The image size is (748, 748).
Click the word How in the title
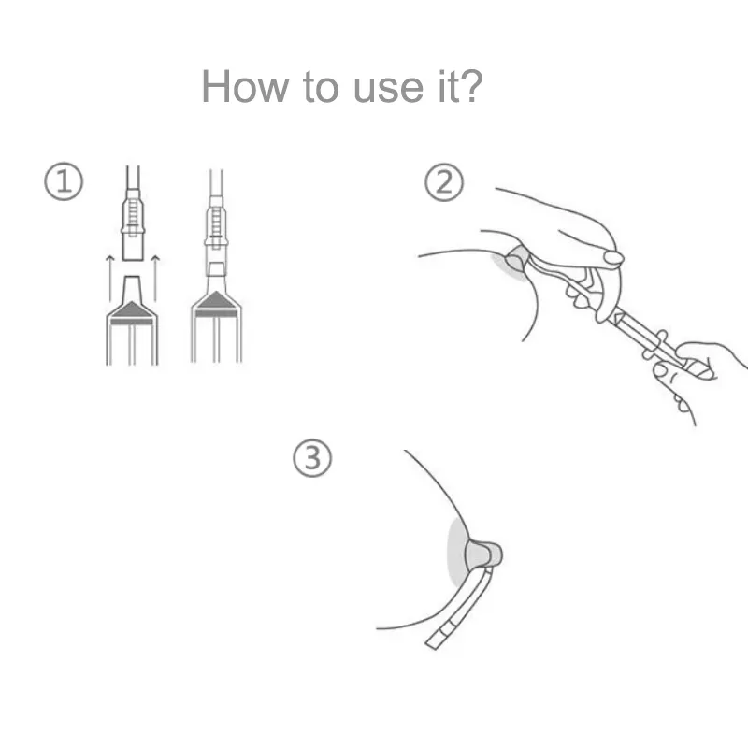coord(245,86)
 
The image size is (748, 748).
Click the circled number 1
coord(64,181)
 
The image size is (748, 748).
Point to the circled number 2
coord(443,182)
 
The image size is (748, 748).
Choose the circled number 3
coord(312,458)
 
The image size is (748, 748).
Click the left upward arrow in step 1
coord(110,279)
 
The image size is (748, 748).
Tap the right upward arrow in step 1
coord(155,279)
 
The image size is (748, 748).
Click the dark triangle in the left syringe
coord(132,310)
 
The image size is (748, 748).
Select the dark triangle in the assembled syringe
coord(216,300)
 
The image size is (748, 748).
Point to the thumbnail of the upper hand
coord(613,258)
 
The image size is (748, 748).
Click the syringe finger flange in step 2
coord(654,344)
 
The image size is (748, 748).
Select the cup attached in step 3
coord(483,554)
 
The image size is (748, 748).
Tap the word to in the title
coord(321,88)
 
